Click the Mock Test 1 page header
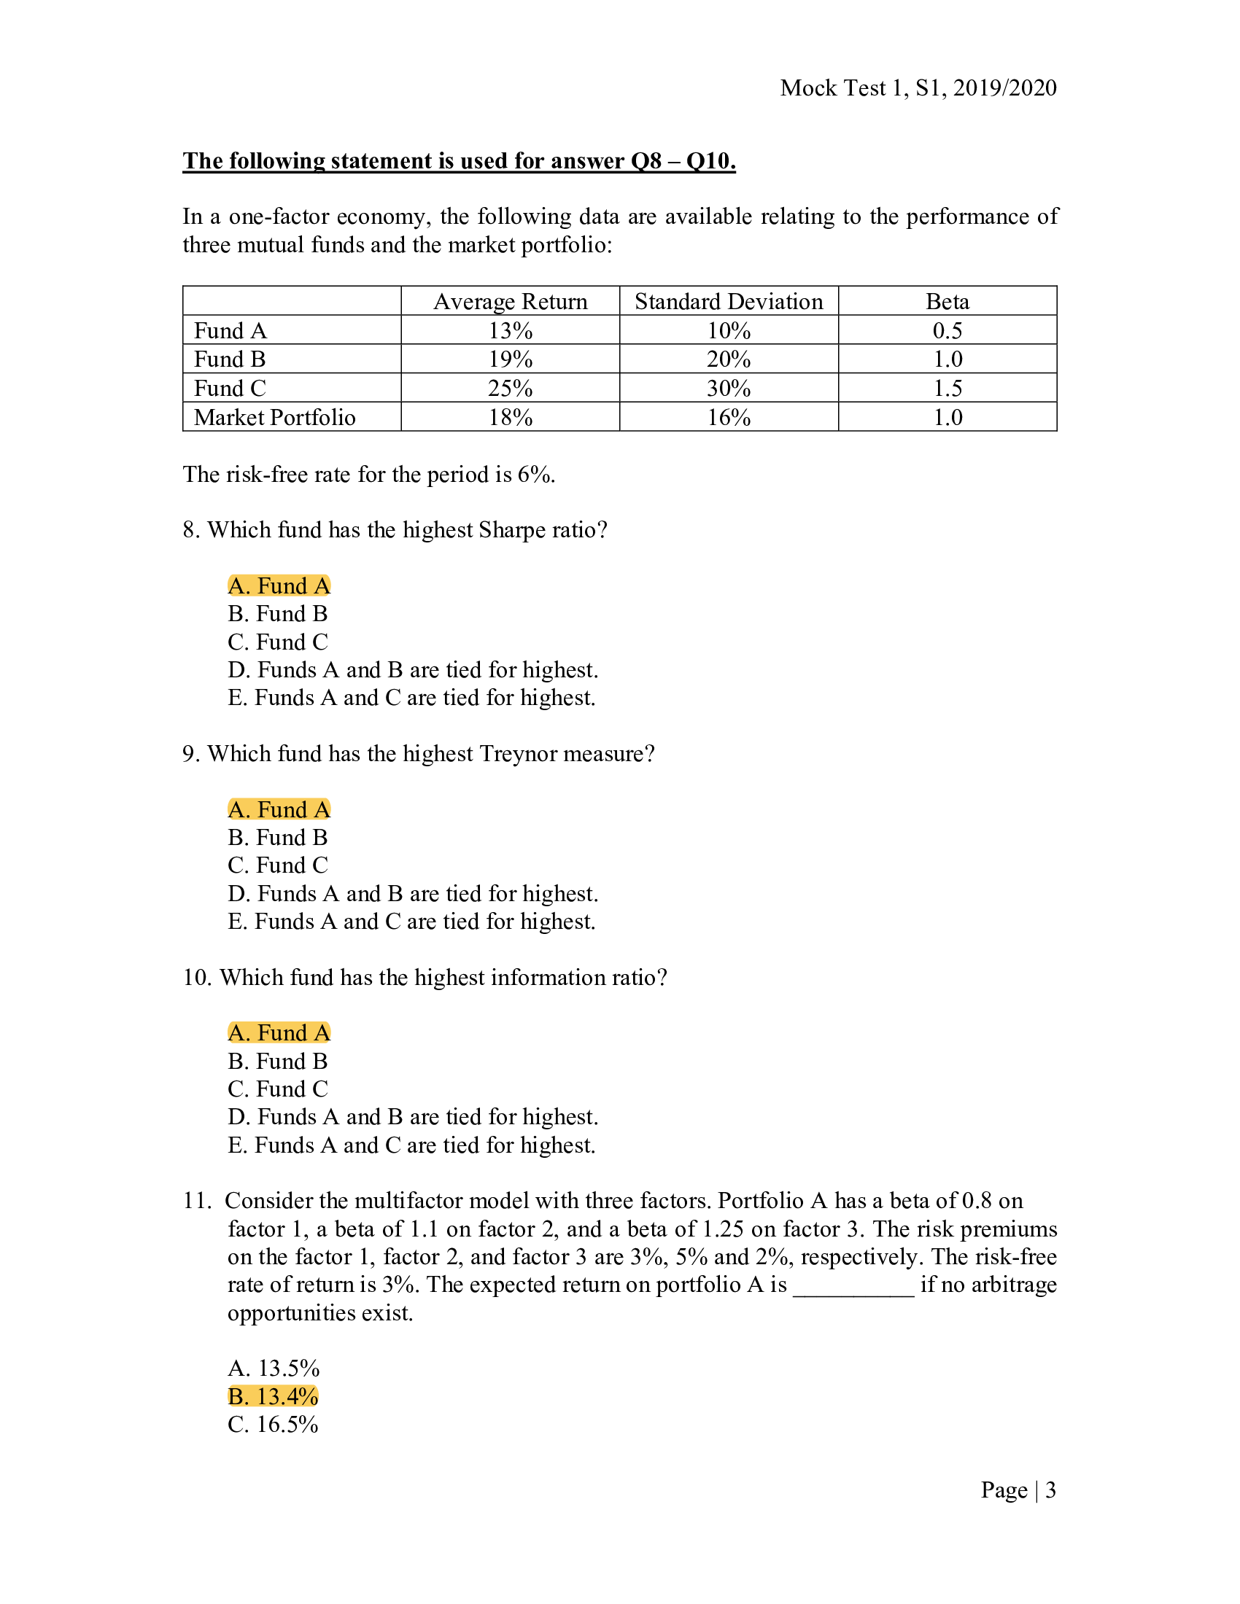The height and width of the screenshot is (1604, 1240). pos(918,88)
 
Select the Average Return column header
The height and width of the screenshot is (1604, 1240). pos(510,302)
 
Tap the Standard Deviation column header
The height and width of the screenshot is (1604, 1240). pos(728,302)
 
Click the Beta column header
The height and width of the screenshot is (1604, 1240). pos(947,302)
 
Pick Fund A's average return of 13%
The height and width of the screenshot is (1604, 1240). pos(510,330)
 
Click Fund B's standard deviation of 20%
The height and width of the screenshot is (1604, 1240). pos(728,359)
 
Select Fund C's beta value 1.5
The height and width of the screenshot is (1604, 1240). pos(947,388)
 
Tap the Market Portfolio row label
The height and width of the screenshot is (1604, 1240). pos(275,417)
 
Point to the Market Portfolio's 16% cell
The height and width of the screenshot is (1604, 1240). pos(728,417)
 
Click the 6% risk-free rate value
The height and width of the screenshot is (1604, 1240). pos(532,475)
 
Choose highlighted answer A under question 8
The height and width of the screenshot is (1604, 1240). pos(279,585)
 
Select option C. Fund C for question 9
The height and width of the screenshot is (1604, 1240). pos(278,865)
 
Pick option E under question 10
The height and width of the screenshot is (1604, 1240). pos(411,1145)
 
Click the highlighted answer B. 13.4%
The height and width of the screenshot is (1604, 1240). pos(273,1396)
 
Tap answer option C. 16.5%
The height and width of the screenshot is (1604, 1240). pos(273,1424)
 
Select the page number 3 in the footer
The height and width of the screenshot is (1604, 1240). pos(1050,1490)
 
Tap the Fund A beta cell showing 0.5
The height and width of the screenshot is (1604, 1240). pos(947,330)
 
